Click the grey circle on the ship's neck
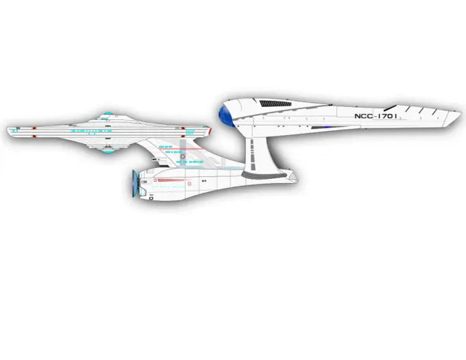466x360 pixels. point(183,155)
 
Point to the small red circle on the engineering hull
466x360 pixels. point(190,185)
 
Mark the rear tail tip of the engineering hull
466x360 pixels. point(297,178)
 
